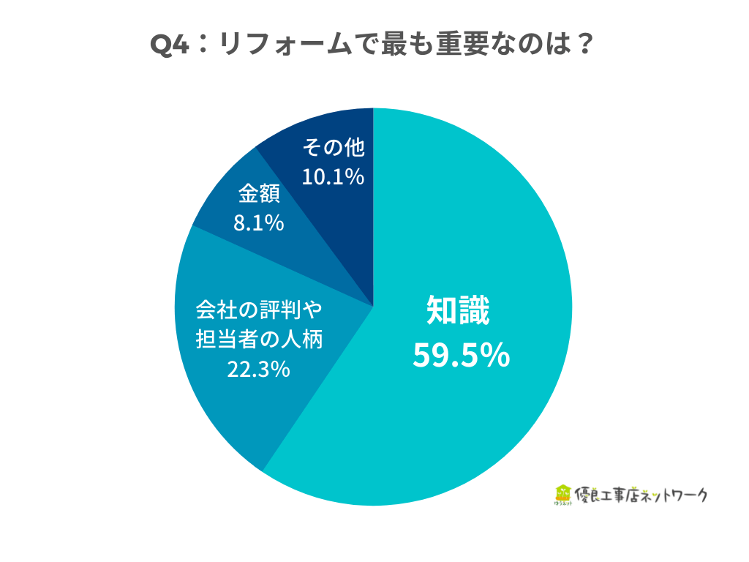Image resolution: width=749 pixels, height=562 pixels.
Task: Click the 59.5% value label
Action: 461,356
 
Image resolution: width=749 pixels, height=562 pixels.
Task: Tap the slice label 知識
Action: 459,311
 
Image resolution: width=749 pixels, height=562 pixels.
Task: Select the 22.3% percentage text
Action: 258,370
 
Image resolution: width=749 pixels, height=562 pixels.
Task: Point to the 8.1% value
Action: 258,223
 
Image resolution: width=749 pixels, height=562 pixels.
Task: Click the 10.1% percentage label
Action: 333,177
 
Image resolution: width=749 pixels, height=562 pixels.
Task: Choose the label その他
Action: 333,148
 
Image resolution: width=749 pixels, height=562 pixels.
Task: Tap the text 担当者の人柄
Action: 258,340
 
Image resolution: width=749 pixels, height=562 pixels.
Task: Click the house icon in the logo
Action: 562,492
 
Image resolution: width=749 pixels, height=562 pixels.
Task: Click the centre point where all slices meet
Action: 374,306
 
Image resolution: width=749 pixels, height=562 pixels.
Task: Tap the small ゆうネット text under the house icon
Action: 562,504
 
